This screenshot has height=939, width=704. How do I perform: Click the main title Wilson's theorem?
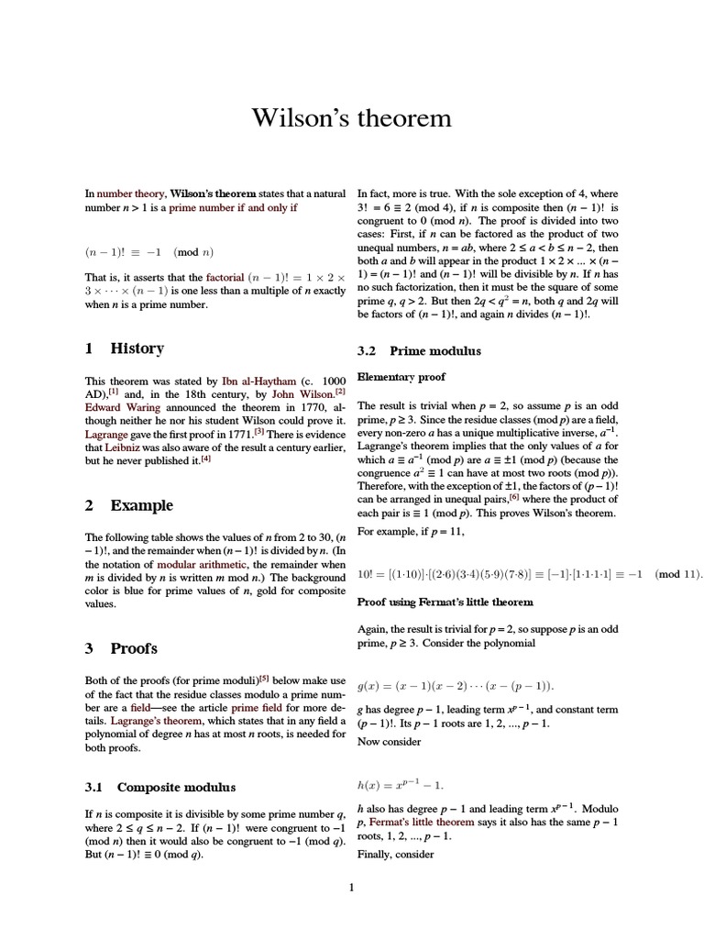click(x=352, y=118)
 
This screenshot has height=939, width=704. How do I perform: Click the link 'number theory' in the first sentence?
click(x=130, y=194)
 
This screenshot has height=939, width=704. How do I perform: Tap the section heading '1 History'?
click(x=125, y=348)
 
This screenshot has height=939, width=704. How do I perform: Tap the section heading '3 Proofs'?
click(x=121, y=648)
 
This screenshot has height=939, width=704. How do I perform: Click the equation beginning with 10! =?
click(x=530, y=575)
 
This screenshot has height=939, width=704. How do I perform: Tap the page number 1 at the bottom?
click(x=352, y=887)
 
